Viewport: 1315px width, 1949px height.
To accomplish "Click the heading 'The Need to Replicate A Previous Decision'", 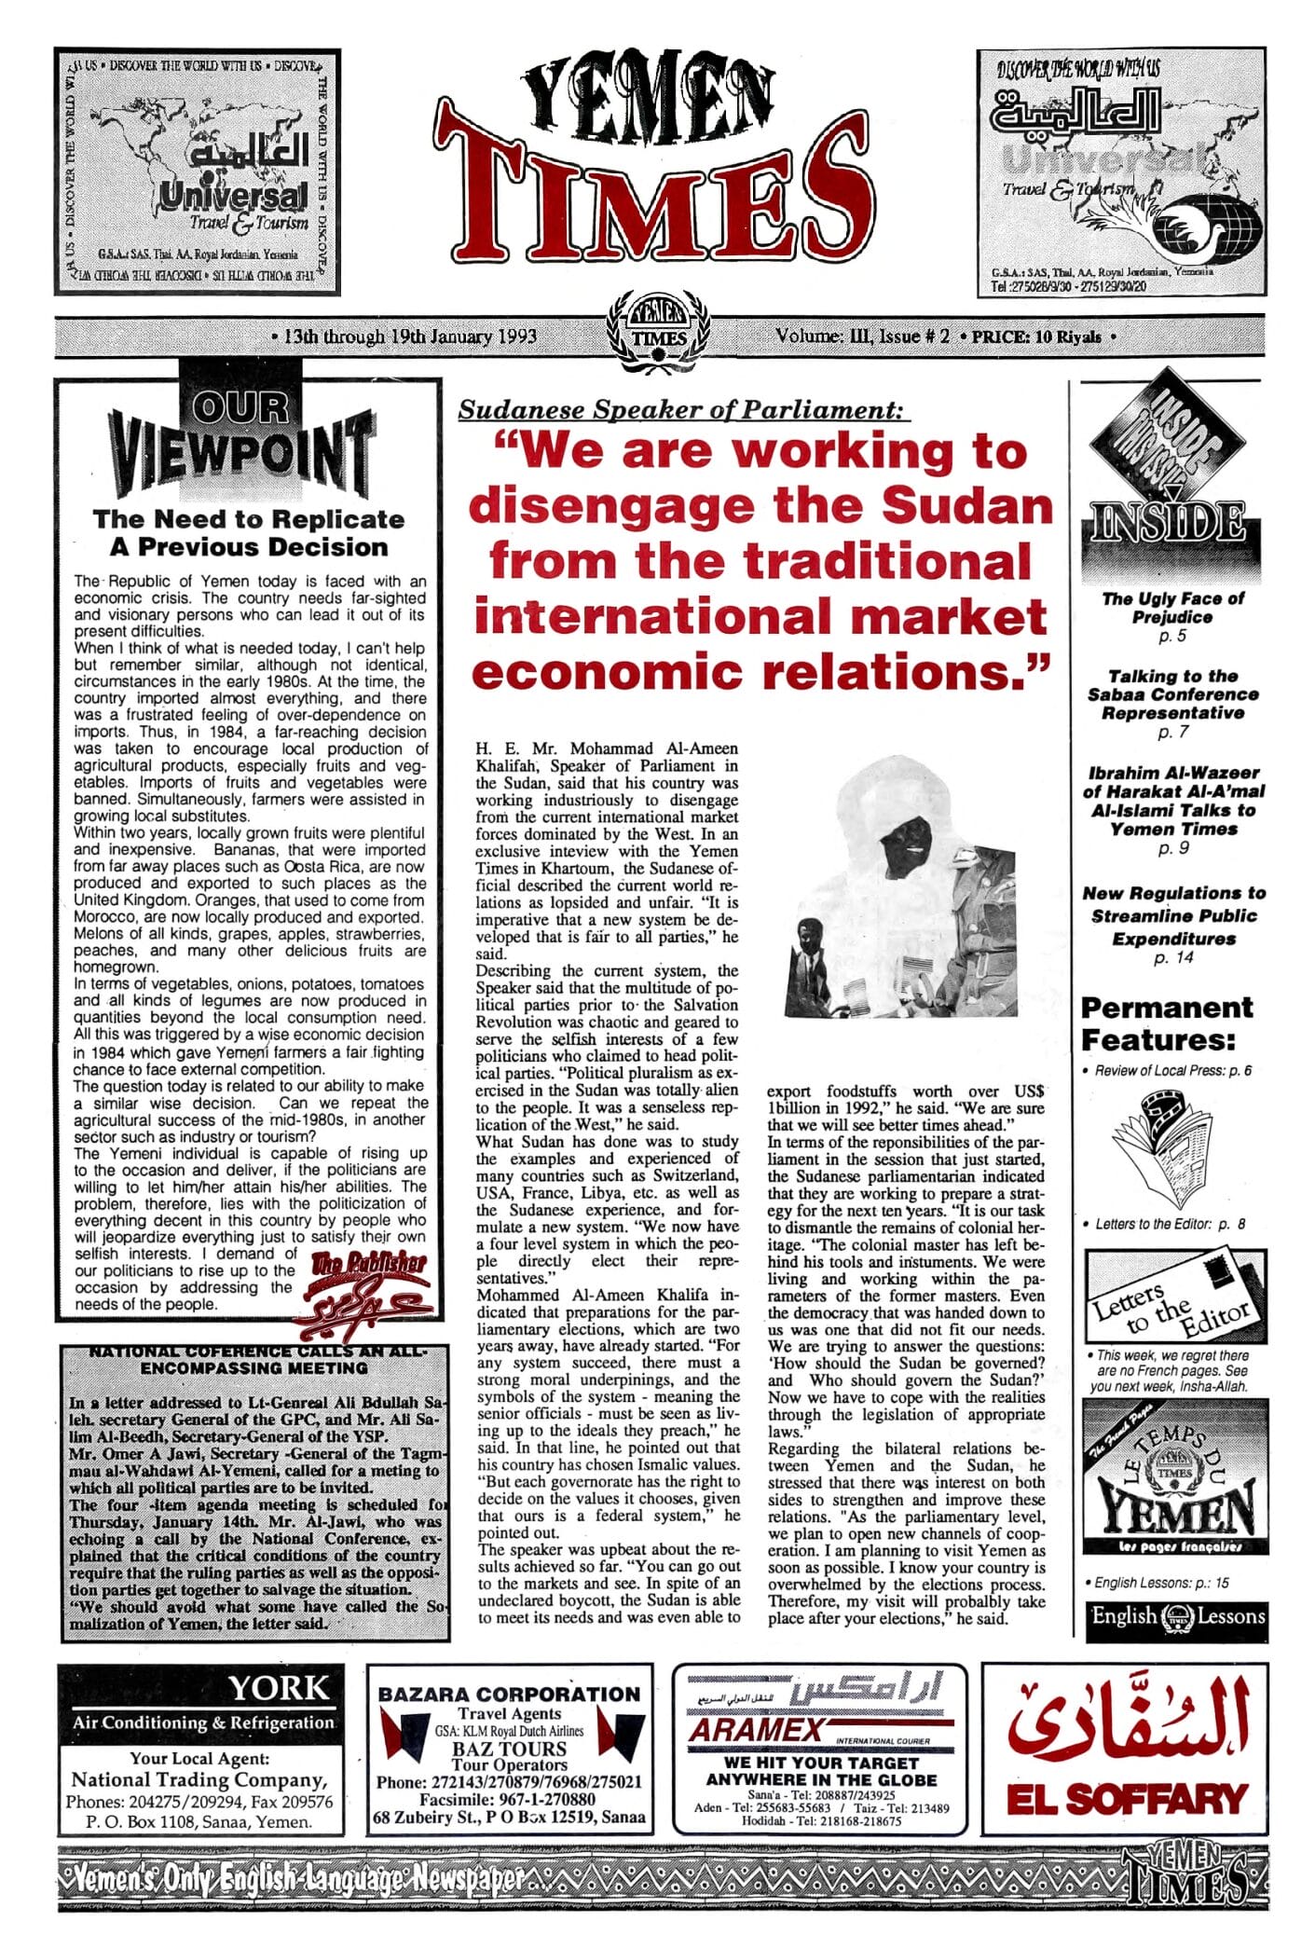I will pyautogui.click(x=249, y=532).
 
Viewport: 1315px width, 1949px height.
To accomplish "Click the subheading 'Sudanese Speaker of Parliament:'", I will pyautogui.click(x=683, y=409).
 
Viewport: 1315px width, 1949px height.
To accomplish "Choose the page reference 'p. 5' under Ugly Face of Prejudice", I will pyautogui.click(x=1171, y=637).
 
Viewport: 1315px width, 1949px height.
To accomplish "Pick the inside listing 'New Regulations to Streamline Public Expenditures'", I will pyautogui.click(x=1173, y=915).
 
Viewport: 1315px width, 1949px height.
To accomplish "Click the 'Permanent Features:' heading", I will pyautogui.click(x=1166, y=1023).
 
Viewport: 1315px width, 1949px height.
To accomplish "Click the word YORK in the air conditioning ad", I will pyautogui.click(x=279, y=1688).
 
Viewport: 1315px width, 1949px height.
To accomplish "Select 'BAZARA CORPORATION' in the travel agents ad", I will pyautogui.click(x=509, y=1694).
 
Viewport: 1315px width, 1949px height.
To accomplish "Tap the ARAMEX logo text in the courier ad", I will pyautogui.click(x=756, y=1730).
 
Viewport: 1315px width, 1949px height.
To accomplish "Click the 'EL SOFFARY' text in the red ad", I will pyautogui.click(x=1126, y=1799).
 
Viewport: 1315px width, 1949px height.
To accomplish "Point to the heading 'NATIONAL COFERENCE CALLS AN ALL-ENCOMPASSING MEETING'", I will pyautogui.click(x=254, y=1360).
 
